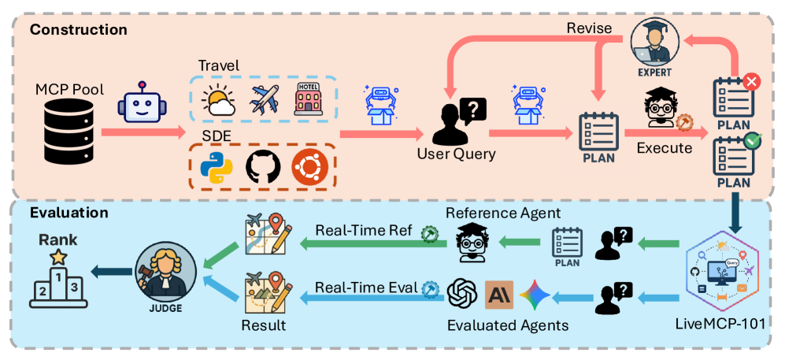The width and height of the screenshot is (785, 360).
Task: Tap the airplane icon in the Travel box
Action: tap(265, 100)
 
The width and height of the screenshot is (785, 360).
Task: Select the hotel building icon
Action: tap(308, 99)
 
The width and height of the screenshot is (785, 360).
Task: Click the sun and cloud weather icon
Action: tap(217, 101)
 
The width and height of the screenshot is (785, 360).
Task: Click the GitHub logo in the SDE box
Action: tap(262, 167)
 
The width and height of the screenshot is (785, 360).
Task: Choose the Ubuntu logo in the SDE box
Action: tap(309, 167)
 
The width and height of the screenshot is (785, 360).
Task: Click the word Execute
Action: tap(664, 147)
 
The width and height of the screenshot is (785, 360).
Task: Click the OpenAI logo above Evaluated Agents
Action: tap(462, 295)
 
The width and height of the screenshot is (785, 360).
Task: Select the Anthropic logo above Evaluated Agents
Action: tap(499, 295)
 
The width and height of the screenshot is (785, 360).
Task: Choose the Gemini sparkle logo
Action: tap(535, 294)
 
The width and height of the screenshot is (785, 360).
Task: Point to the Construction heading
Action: tap(79, 30)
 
